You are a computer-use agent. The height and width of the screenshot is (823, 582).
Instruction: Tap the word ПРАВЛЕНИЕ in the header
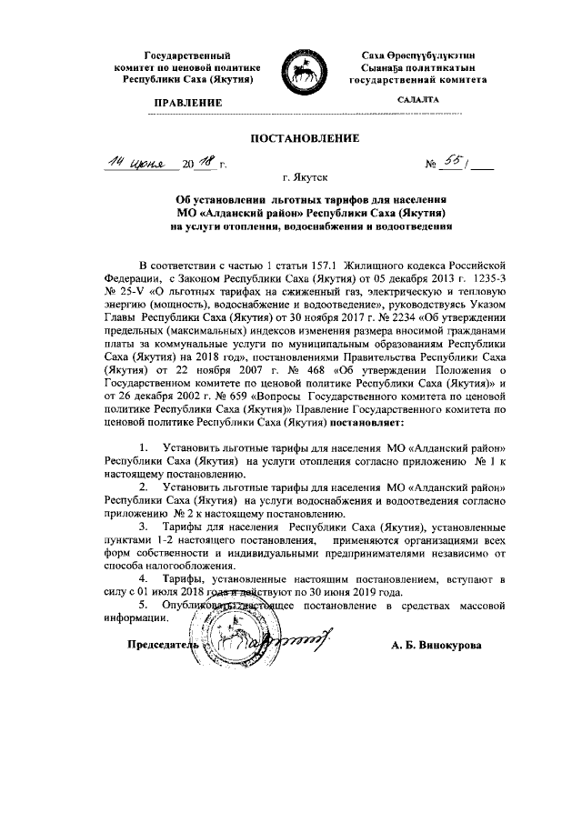(x=188, y=104)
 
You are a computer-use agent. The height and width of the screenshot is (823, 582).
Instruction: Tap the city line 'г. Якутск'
(x=291, y=180)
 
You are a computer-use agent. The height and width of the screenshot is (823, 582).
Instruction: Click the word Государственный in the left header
(x=188, y=56)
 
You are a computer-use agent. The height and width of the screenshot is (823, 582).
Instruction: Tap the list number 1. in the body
(x=144, y=448)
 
